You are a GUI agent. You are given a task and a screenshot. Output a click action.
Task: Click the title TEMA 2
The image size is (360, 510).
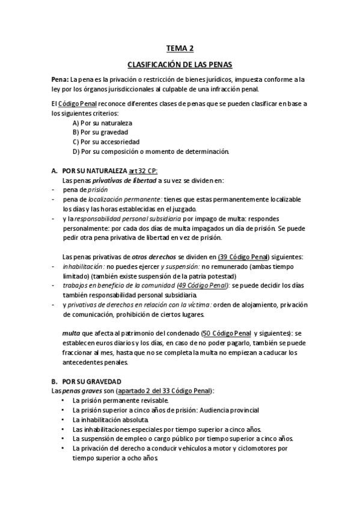tap(180, 49)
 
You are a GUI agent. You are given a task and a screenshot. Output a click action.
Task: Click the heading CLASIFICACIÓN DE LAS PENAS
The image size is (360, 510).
tap(180, 64)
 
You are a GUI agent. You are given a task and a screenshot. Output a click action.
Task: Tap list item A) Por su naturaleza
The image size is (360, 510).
tap(102, 123)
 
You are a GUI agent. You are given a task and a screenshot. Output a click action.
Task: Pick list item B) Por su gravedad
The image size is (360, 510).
tap(100, 132)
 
